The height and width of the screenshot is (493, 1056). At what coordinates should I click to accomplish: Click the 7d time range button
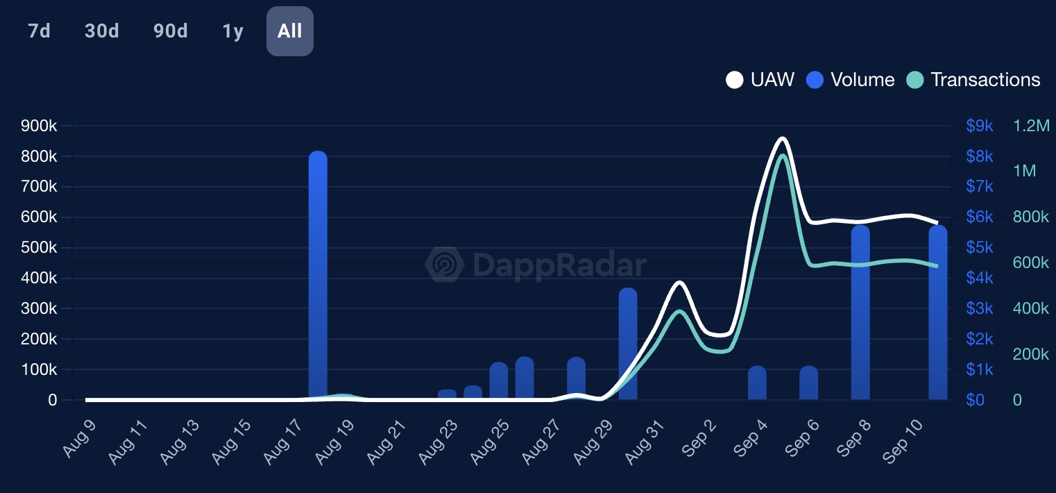pyautogui.click(x=40, y=31)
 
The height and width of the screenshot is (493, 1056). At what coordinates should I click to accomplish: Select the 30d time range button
pyautogui.click(x=102, y=31)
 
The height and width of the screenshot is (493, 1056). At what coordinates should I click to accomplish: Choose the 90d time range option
pyautogui.click(x=171, y=31)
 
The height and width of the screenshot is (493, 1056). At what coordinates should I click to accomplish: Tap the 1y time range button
pyautogui.click(x=233, y=31)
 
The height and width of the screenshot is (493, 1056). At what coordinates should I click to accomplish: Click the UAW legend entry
pyautogui.click(x=760, y=80)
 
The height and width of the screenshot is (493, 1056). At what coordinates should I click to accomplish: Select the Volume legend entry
pyautogui.click(x=851, y=80)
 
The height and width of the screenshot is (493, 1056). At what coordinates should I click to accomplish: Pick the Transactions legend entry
pyautogui.click(x=973, y=80)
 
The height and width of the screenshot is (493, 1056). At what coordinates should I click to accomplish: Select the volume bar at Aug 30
pyautogui.click(x=628, y=344)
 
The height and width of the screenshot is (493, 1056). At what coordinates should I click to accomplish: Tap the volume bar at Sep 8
pyautogui.click(x=860, y=312)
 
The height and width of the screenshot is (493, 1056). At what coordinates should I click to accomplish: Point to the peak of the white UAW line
pyautogui.click(x=783, y=138)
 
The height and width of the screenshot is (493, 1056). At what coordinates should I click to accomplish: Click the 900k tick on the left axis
pyautogui.click(x=39, y=126)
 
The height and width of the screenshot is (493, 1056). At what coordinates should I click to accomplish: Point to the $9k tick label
pyautogui.click(x=980, y=126)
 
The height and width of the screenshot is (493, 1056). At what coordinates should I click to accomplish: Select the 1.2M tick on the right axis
pyautogui.click(x=1032, y=126)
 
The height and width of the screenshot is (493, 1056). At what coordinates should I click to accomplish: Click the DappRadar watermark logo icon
pyautogui.click(x=445, y=265)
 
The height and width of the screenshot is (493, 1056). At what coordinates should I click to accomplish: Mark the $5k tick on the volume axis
pyautogui.click(x=980, y=248)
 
